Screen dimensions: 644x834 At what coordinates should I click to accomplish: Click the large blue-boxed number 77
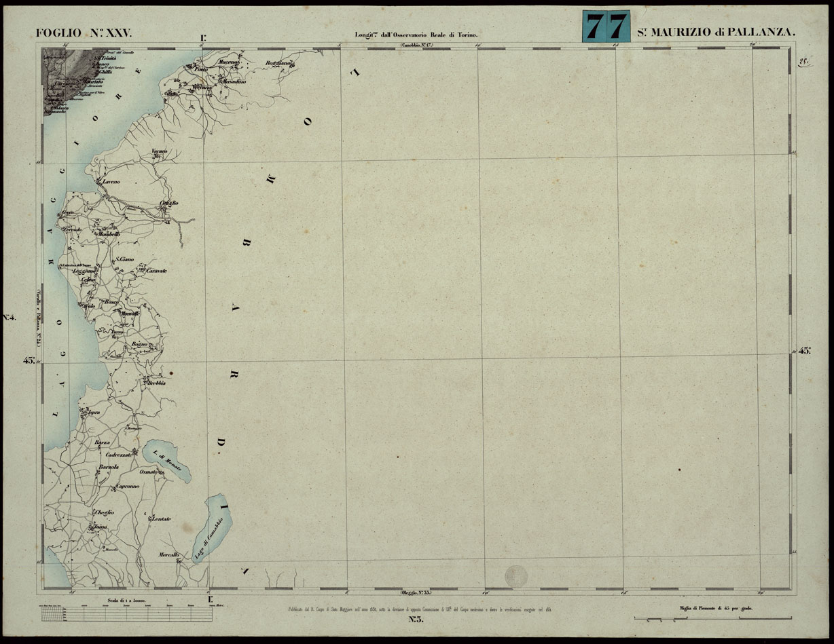click(x=606, y=27)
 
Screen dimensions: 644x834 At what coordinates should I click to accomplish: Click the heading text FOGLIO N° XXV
click(x=88, y=33)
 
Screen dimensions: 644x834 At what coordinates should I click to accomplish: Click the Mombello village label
click(x=109, y=234)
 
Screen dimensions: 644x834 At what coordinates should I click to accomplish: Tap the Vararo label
click(x=159, y=150)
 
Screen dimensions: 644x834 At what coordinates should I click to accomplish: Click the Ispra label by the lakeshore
click(x=94, y=412)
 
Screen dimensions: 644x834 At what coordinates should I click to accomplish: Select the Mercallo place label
click(x=168, y=555)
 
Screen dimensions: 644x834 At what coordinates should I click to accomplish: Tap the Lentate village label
click(x=161, y=519)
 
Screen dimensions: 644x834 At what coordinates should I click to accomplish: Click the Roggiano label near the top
click(x=278, y=63)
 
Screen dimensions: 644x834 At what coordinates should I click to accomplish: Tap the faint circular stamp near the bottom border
click(x=515, y=577)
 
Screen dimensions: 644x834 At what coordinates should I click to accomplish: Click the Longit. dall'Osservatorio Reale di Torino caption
click(x=417, y=34)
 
